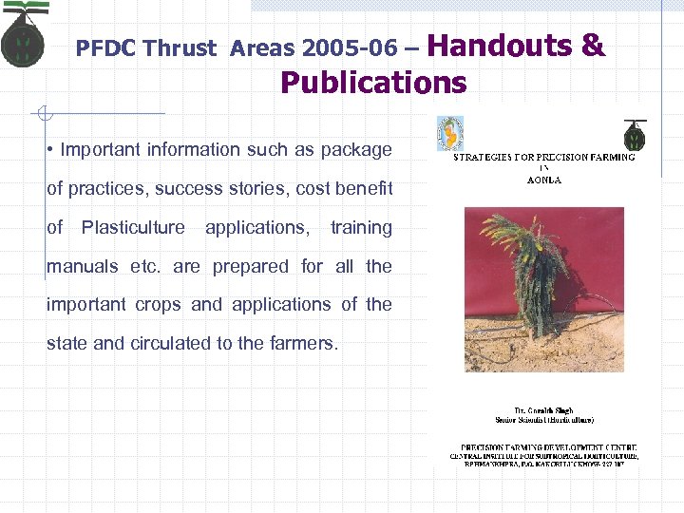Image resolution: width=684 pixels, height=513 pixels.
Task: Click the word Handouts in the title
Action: pyautogui.click(x=506, y=45)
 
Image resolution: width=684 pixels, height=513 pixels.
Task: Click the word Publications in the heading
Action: pyautogui.click(x=373, y=83)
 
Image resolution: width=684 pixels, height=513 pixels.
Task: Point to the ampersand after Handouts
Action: pyautogui.click(x=594, y=45)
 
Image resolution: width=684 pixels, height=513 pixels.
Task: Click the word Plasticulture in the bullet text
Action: pyautogui.click(x=133, y=227)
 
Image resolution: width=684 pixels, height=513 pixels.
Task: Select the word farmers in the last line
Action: pyautogui.click(x=300, y=343)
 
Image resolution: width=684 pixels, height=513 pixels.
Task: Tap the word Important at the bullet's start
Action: pyautogui.click(x=102, y=149)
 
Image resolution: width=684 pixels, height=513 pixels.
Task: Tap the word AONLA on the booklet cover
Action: pyautogui.click(x=543, y=180)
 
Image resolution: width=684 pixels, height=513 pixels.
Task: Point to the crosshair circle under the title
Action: pyautogui.click(x=43, y=115)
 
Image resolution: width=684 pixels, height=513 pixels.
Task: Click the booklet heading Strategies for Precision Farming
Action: pyautogui.click(x=543, y=157)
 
